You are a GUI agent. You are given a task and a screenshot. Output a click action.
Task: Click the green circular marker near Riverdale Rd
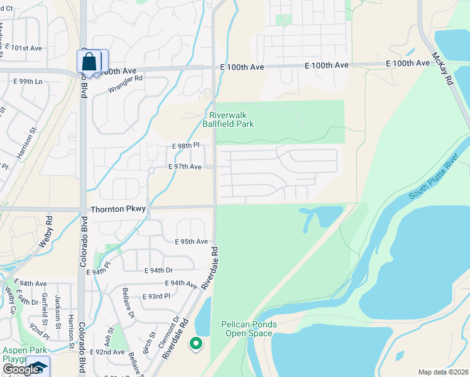(x=196, y=343)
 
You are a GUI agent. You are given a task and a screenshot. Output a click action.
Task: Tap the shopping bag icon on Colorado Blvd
(x=89, y=62)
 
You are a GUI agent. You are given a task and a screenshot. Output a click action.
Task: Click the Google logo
(x=21, y=369)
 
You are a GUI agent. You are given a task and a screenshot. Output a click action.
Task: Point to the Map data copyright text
(x=444, y=372)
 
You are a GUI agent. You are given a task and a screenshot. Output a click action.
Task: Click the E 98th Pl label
(x=185, y=145)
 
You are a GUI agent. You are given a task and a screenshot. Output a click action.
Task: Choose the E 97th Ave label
(x=185, y=167)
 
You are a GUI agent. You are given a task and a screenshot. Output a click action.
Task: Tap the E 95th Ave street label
(x=191, y=241)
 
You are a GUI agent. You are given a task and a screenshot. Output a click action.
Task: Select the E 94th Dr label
(x=158, y=270)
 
